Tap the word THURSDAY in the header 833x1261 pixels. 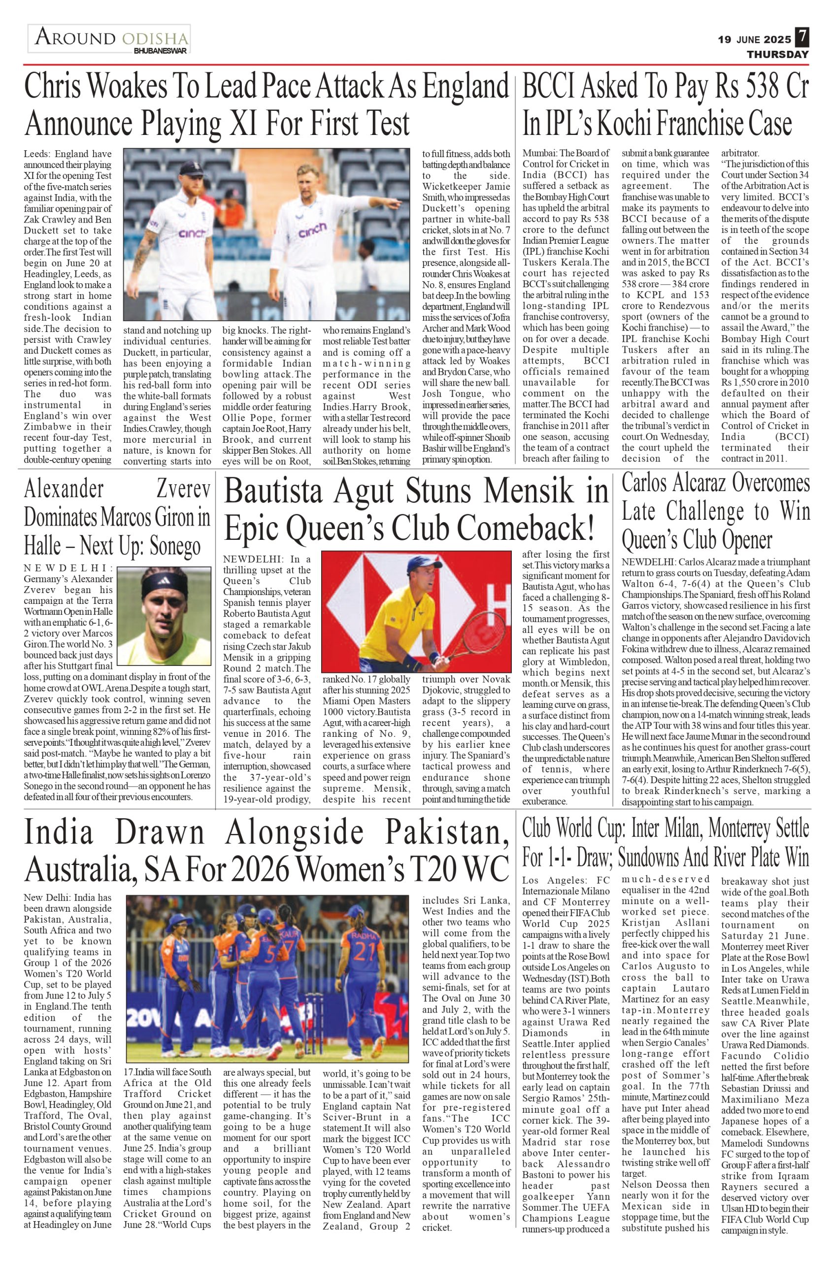pyautogui.click(x=778, y=54)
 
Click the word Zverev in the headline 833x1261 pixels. pyautogui.click(x=183, y=489)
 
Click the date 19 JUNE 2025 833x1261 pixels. pyautogui.click(x=754, y=40)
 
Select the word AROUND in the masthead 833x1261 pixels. pyautogui.click(x=75, y=38)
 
